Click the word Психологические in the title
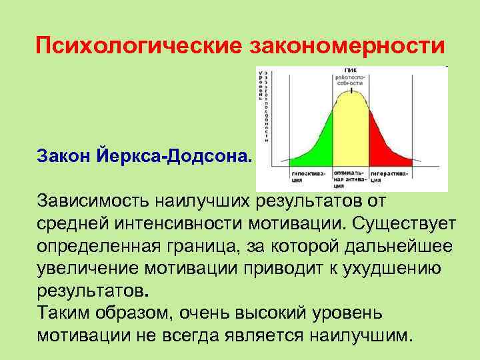(x=139, y=46)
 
